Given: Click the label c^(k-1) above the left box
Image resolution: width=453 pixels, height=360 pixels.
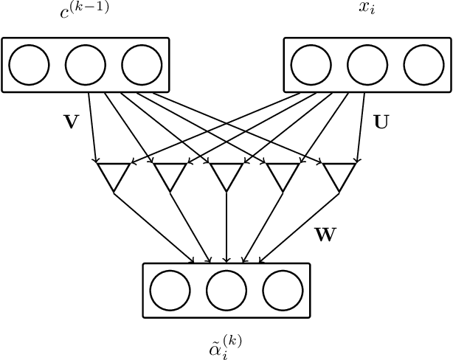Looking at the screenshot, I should click(85, 13).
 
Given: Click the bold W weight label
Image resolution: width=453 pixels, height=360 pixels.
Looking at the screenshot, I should click(325, 235).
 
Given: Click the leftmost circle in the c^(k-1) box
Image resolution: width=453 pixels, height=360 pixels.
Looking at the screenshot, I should click(30, 65).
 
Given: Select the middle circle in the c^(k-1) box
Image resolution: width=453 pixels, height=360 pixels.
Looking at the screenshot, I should click(86, 65).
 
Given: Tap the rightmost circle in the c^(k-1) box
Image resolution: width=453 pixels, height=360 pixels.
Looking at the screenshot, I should click(142, 65).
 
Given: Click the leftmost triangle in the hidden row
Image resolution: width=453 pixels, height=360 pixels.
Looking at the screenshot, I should click(114, 174).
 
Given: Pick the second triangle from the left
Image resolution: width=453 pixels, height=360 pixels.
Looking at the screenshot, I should click(170, 174).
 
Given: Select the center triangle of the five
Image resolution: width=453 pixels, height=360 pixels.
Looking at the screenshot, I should click(226, 174).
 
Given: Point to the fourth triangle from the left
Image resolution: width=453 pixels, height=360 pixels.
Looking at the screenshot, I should click(283, 174).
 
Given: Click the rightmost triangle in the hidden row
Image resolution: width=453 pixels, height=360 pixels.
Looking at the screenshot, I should click(339, 174).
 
